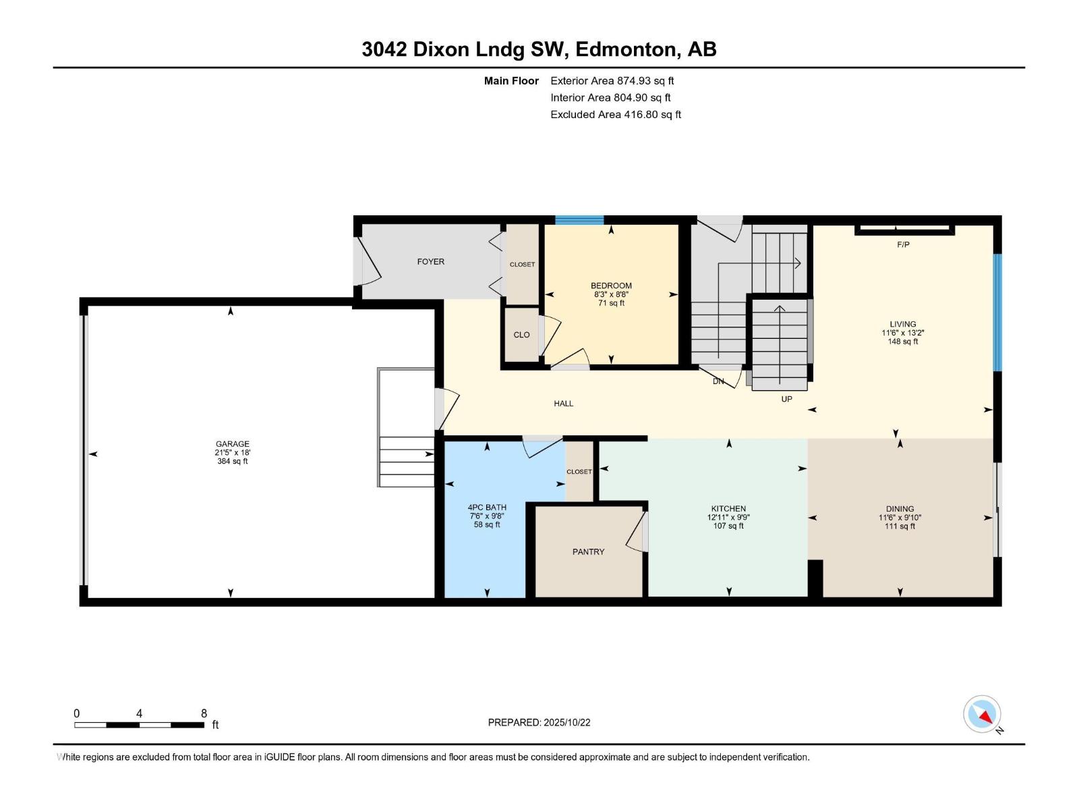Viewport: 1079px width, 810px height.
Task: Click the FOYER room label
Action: (431, 262)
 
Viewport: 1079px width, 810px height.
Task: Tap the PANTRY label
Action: (588, 551)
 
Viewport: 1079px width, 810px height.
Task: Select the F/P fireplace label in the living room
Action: (903, 244)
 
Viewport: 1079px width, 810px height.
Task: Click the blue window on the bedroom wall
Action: (579, 220)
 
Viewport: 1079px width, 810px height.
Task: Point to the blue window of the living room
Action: (997, 313)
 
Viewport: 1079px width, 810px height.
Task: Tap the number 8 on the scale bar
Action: (204, 713)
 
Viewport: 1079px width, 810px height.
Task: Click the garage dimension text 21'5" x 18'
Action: (233, 452)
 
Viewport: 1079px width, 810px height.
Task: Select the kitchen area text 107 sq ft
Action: (728, 526)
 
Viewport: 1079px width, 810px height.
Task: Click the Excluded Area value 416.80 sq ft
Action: (652, 115)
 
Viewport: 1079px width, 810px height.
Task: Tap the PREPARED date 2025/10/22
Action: (566, 722)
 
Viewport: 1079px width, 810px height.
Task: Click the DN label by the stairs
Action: (718, 381)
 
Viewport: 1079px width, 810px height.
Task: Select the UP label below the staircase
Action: (786, 400)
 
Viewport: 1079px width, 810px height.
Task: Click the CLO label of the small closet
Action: (521, 335)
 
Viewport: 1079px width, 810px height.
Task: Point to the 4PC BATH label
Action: (487, 508)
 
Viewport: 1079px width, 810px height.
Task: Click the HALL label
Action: (563, 404)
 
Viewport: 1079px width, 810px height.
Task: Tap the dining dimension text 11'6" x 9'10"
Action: (900, 517)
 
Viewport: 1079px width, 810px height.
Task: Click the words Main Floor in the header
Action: (511, 80)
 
